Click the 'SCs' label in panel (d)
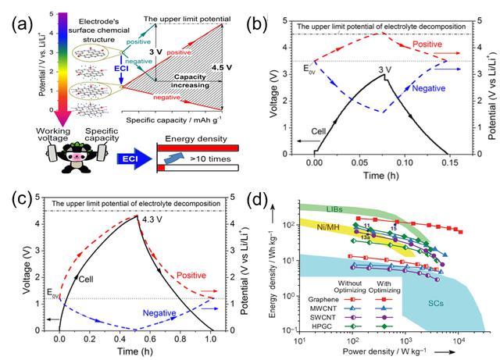[437, 322]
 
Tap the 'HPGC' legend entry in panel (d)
[320, 324]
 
